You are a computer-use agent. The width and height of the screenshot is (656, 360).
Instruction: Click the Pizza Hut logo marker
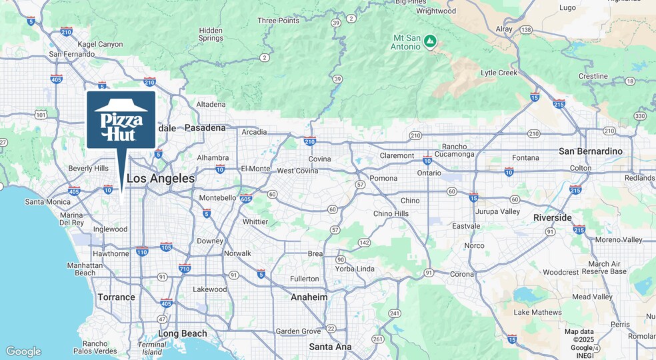point(121,120)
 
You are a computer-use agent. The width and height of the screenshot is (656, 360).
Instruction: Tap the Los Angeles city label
point(161,179)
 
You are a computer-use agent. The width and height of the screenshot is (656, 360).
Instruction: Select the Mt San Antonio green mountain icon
point(431,41)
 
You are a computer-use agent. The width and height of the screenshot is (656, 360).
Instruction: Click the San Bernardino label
point(590,151)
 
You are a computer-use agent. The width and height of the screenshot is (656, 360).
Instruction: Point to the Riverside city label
point(552,218)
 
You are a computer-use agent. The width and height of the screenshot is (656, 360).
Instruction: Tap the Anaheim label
point(309,297)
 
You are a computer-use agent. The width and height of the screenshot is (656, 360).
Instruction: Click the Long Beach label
point(182,333)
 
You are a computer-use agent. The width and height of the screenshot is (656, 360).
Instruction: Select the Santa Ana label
point(330,347)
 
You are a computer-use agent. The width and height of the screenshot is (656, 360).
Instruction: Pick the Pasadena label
point(205,127)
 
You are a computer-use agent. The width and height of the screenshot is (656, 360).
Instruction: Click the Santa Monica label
point(47,201)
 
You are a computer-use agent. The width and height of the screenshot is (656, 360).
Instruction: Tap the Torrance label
point(116,297)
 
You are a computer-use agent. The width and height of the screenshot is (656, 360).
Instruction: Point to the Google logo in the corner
point(23,351)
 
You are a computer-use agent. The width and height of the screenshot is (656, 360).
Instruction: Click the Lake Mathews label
point(537,312)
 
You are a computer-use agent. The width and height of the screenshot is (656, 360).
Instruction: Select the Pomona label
point(383,178)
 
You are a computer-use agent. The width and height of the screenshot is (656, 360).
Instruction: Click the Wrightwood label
point(436,11)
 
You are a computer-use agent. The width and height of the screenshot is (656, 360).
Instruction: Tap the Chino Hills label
point(391,213)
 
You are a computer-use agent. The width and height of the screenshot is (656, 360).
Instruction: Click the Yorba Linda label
point(355,269)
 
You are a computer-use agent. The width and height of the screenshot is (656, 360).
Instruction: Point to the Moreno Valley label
point(618,239)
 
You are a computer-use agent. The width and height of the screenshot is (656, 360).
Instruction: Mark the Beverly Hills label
point(89,168)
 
